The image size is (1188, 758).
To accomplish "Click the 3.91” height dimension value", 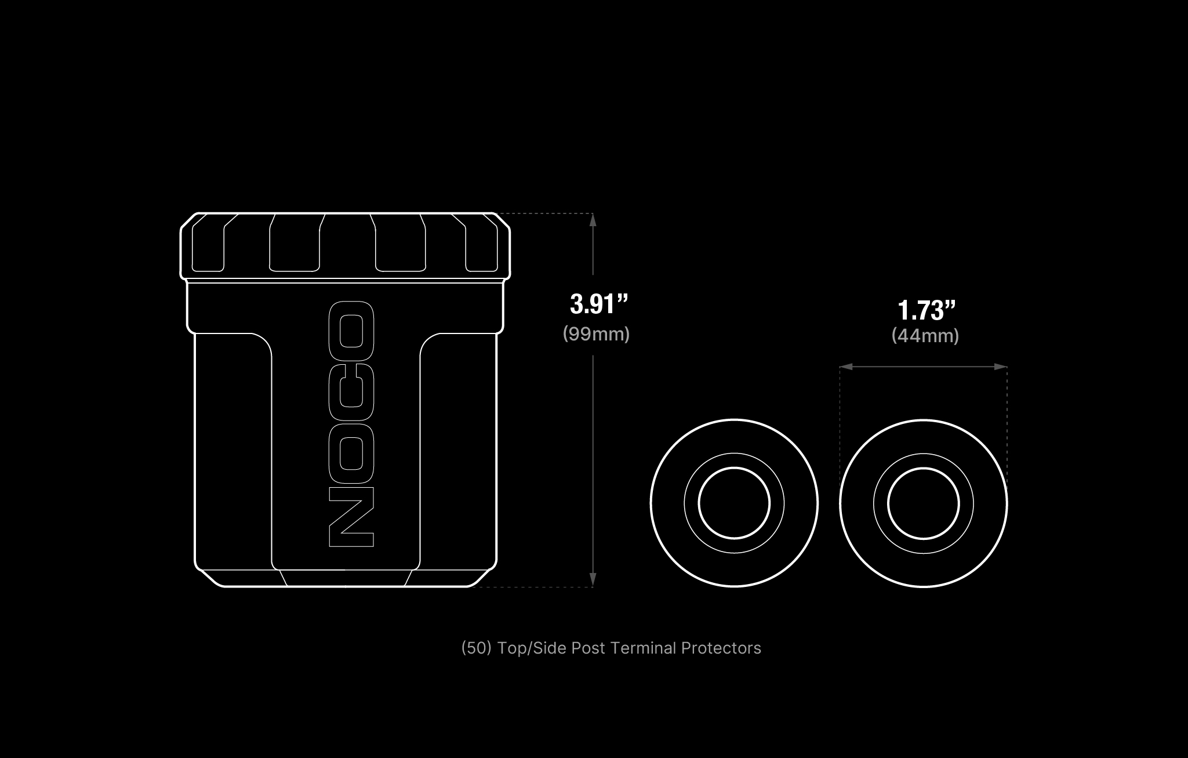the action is coord(599,304).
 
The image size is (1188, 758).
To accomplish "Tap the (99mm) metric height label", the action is coord(596,334).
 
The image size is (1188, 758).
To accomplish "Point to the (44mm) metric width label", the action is coord(925,336).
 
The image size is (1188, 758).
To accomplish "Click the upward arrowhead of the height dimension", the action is coord(593,220).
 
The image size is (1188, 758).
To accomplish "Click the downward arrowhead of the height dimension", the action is coord(593,580).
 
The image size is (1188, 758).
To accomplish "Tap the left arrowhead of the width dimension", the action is coord(847,367).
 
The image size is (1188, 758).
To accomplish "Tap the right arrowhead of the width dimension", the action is coord(1000,367).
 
